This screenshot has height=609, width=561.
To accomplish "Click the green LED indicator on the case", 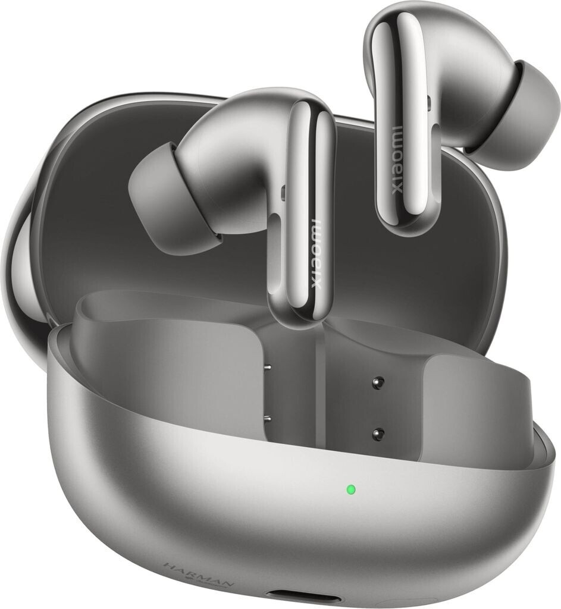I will point(350,490).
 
